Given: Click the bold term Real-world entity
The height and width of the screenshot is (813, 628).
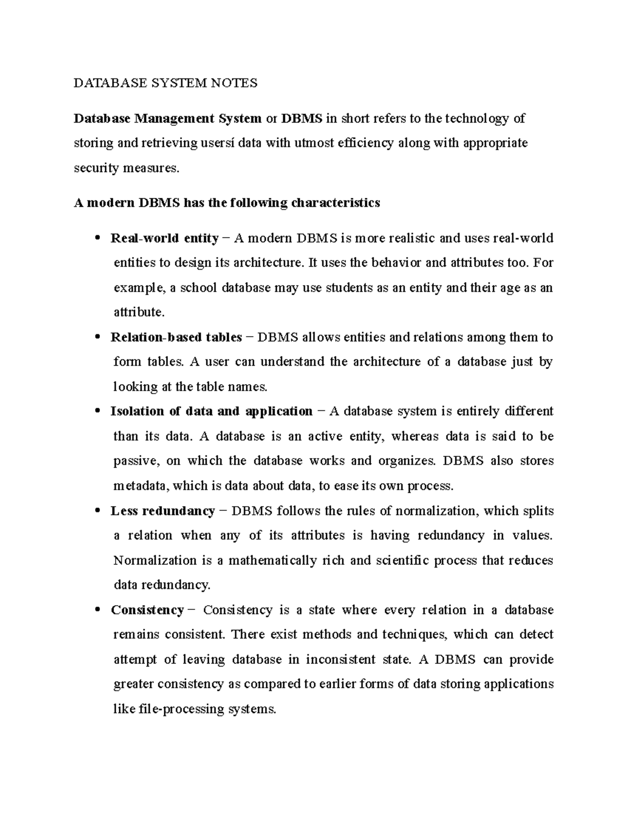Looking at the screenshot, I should click(164, 238).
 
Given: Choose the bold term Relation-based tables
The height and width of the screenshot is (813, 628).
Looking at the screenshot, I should click(176, 337).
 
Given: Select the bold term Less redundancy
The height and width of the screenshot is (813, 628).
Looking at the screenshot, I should click(162, 511).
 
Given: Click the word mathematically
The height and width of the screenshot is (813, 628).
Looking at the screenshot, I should click(272, 561).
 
